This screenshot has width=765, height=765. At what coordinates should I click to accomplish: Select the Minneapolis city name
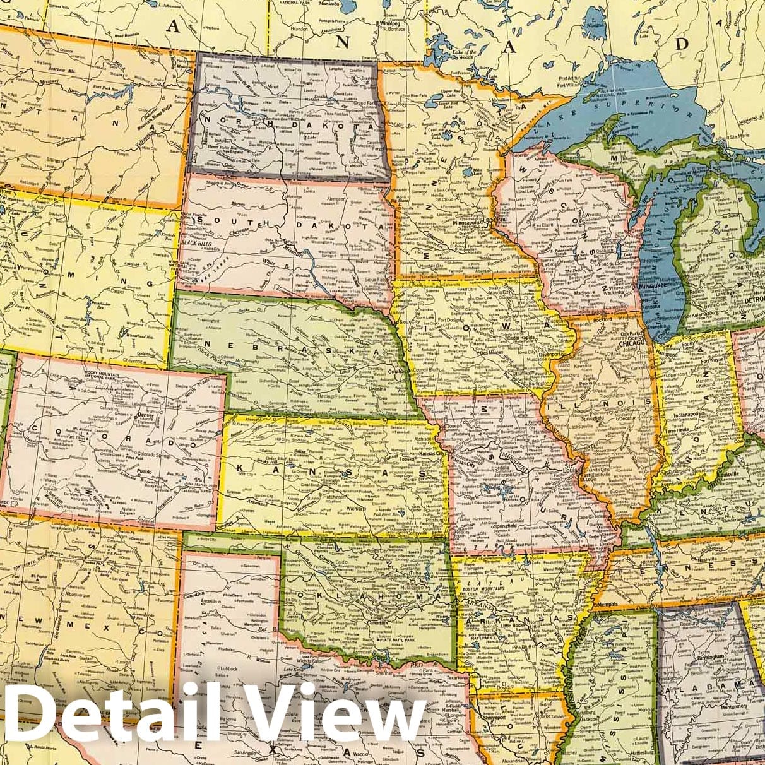tap(470, 223)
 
